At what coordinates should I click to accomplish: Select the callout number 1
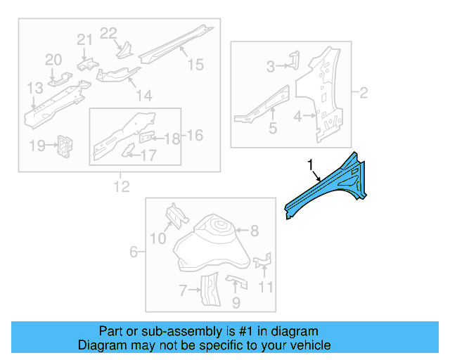(309, 165)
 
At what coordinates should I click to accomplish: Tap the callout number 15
(195, 65)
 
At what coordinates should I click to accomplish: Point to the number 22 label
(108, 33)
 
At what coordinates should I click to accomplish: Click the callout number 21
(84, 39)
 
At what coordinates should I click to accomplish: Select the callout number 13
(35, 88)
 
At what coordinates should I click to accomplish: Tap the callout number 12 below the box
(121, 186)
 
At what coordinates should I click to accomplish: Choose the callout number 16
(194, 135)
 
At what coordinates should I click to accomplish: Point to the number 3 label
(271, 67)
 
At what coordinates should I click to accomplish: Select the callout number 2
(364, 92)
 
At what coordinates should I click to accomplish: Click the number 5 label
(273, 129)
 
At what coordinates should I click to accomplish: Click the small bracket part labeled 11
(263, 262)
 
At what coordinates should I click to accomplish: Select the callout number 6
(133, 250)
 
